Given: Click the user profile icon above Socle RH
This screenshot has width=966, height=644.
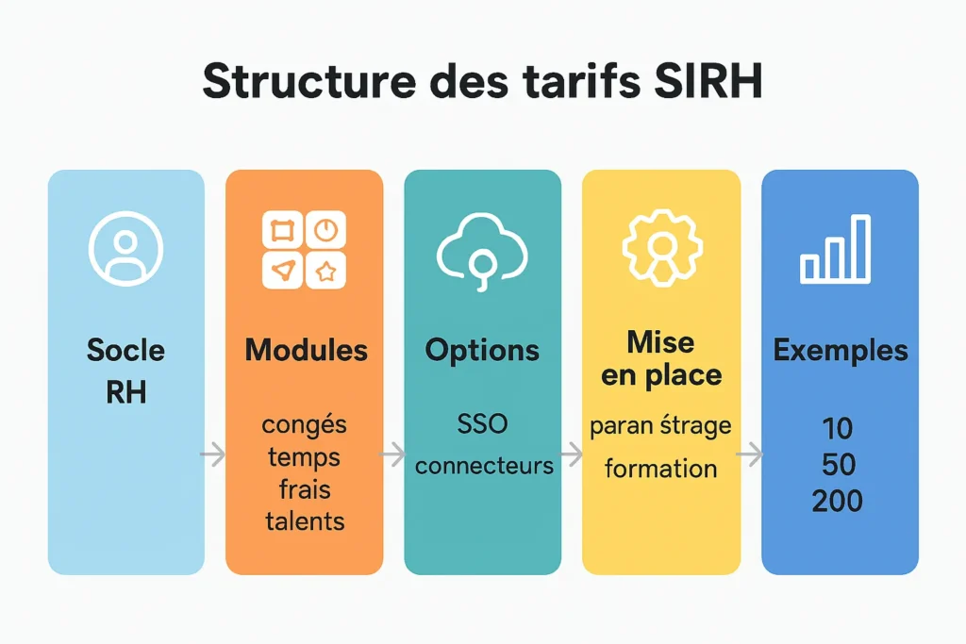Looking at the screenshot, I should point(125,248).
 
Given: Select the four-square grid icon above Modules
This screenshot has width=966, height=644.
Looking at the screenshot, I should point(304,249).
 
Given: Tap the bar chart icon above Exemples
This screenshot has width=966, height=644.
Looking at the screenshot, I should point(835,249).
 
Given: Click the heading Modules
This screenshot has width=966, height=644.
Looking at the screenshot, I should point(306,351).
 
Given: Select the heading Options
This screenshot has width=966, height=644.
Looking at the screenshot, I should point(482,351).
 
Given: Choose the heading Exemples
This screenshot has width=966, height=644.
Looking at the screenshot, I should point(841,351).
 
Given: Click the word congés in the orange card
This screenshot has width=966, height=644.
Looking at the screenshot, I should point(304,425).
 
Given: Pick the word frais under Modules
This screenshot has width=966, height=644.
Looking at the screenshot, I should point(304,488).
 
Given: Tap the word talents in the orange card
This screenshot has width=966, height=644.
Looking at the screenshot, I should point(305,520).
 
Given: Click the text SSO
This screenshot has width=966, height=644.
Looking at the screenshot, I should point(482,424).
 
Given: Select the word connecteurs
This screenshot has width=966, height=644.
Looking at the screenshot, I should point(484,466).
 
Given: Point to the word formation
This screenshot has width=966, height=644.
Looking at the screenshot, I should point(660,468).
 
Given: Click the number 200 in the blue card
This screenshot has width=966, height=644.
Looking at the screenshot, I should point(837,500).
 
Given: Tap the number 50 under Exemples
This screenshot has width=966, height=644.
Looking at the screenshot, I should point(837,465).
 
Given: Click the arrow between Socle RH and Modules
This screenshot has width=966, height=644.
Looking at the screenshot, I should point(214,455).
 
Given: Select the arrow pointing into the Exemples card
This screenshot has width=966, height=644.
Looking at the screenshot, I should point(750,455).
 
